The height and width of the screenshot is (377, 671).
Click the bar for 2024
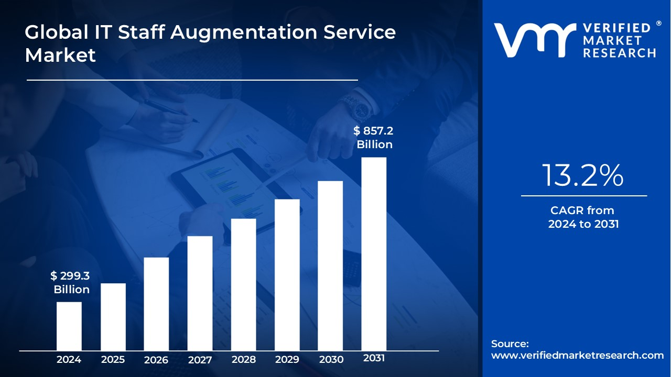coord(69,326)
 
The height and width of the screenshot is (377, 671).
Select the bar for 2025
coord(113,316)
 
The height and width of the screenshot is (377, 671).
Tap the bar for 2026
coord(156,304)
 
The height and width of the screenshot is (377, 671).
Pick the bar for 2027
coord(200,293)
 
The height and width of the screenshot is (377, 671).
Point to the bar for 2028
coord(244,284)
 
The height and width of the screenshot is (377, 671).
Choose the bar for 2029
coord(287,274)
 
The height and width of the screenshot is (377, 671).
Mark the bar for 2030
coord(330,265)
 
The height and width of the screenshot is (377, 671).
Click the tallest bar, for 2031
coord(374,253)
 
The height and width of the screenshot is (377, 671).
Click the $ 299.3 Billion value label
coord(70,282)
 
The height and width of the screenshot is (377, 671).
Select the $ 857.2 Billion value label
coord(373,138)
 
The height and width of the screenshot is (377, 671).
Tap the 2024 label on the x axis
coord(69,360)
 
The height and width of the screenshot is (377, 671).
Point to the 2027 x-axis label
coord(200,360)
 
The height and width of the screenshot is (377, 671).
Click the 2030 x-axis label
coord(331,360)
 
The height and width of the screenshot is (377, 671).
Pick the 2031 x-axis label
coord(374,358)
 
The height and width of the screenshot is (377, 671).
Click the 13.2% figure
coord(583,175)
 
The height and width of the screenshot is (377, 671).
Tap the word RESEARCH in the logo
coord(620,53)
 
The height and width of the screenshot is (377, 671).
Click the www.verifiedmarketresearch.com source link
coord(577,356)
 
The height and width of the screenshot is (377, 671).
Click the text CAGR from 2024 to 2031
coord(583,217)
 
